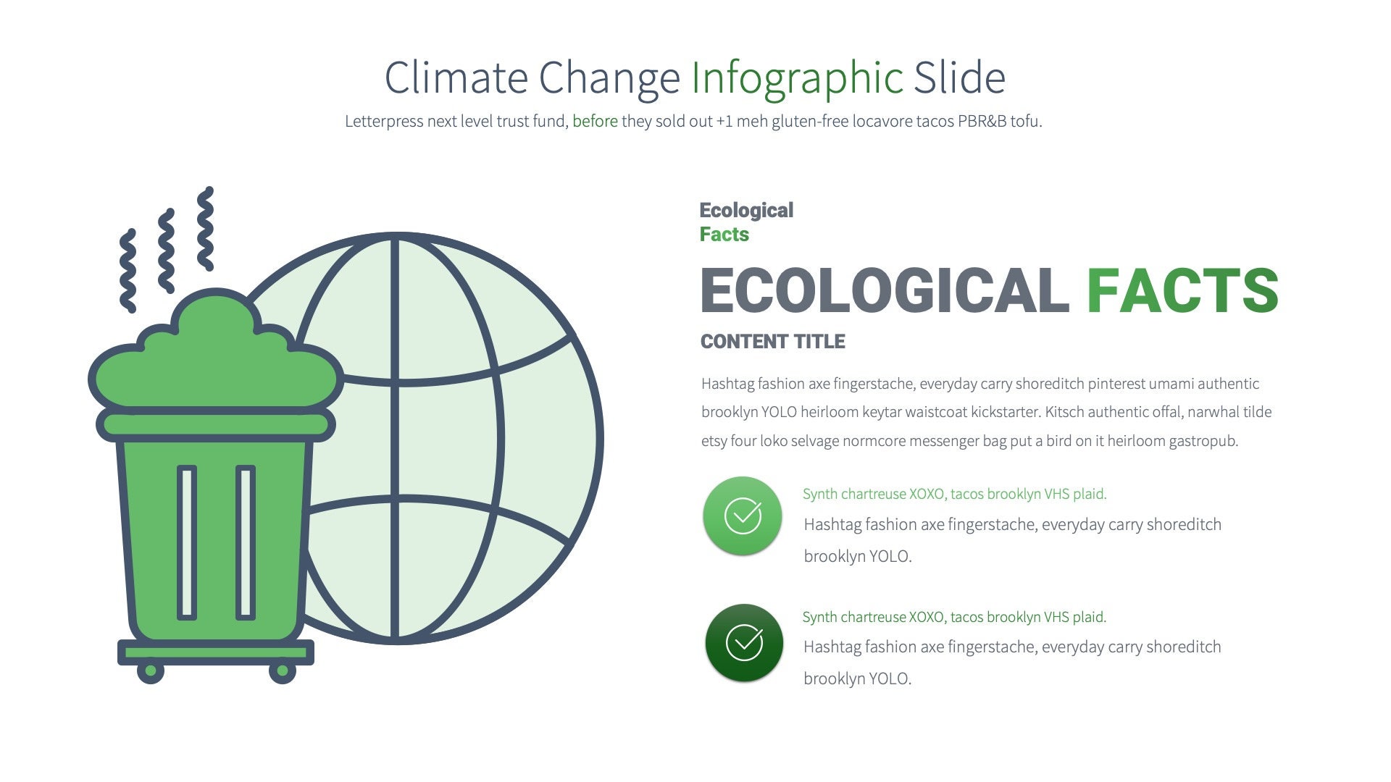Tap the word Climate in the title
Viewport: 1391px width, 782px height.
(456, 77)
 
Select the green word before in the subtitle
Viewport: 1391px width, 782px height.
(595, 122)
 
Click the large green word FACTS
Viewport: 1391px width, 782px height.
(1182, 291)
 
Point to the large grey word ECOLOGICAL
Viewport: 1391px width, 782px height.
(884, 291)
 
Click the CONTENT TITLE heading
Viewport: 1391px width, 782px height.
(772, 342)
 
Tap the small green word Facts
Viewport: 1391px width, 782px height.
(724, 235)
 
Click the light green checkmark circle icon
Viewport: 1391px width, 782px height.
(743, 516)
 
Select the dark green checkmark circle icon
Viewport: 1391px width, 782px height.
(744, 643)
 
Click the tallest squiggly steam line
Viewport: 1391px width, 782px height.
(206, 229)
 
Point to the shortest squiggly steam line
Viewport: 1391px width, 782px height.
(128, 271)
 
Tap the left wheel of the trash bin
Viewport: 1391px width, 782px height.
(151, 671)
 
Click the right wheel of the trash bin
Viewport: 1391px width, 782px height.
(282, 671)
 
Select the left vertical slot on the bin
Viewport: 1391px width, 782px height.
(187, 542)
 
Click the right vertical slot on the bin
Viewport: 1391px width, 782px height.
(246, 542)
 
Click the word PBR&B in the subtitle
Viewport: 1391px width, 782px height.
(982, 122)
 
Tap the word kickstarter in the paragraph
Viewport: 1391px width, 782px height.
(1005, 412)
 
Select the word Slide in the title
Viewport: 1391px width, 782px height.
(959, 78)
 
